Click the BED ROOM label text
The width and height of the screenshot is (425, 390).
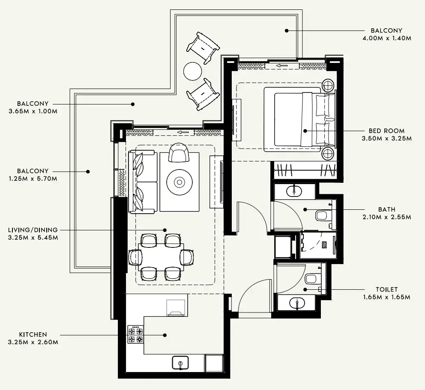point(386,131)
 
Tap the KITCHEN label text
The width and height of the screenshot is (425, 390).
point(33,334)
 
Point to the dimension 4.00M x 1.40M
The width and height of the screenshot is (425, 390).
point(386,38)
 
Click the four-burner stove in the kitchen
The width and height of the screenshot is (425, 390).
point(135,335)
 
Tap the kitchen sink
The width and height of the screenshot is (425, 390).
point(180,363)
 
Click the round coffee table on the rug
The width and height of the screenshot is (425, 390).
point(179,182)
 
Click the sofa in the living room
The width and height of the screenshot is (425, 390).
point(142,182)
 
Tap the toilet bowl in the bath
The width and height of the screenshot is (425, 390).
point(323,215)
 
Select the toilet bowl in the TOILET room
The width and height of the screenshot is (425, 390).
point(312,279)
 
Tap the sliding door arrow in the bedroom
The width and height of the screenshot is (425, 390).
point(281,65)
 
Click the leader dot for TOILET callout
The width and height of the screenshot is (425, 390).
point(305,289)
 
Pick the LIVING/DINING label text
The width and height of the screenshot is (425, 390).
point(33,230)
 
